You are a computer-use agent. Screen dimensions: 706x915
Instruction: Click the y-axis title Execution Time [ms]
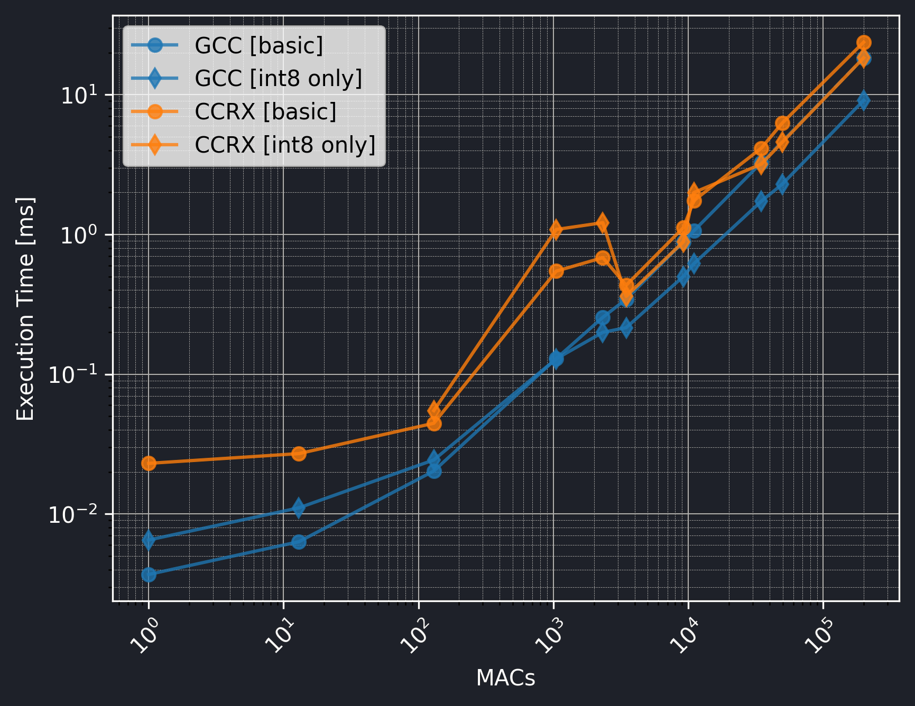[x=25, y=309]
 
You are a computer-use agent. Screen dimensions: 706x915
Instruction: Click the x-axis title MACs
[x=505, y=678]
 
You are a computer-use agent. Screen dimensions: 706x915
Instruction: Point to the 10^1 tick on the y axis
[x=80, y=96]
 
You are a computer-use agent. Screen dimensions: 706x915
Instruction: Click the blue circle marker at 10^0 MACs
[x=149, y=574]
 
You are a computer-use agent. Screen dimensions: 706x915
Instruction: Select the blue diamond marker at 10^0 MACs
[x=149, y=540]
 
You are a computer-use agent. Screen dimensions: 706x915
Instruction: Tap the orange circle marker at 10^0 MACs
[x=149, y=463]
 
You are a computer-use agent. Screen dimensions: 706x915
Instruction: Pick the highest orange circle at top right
[x=864, y=42]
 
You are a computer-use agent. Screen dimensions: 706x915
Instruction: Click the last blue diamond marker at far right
[x=863, y=100]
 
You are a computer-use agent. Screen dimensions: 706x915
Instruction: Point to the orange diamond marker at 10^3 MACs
[x=556, y=229]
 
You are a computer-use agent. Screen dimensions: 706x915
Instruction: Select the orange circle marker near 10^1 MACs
[x=299, y=454]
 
